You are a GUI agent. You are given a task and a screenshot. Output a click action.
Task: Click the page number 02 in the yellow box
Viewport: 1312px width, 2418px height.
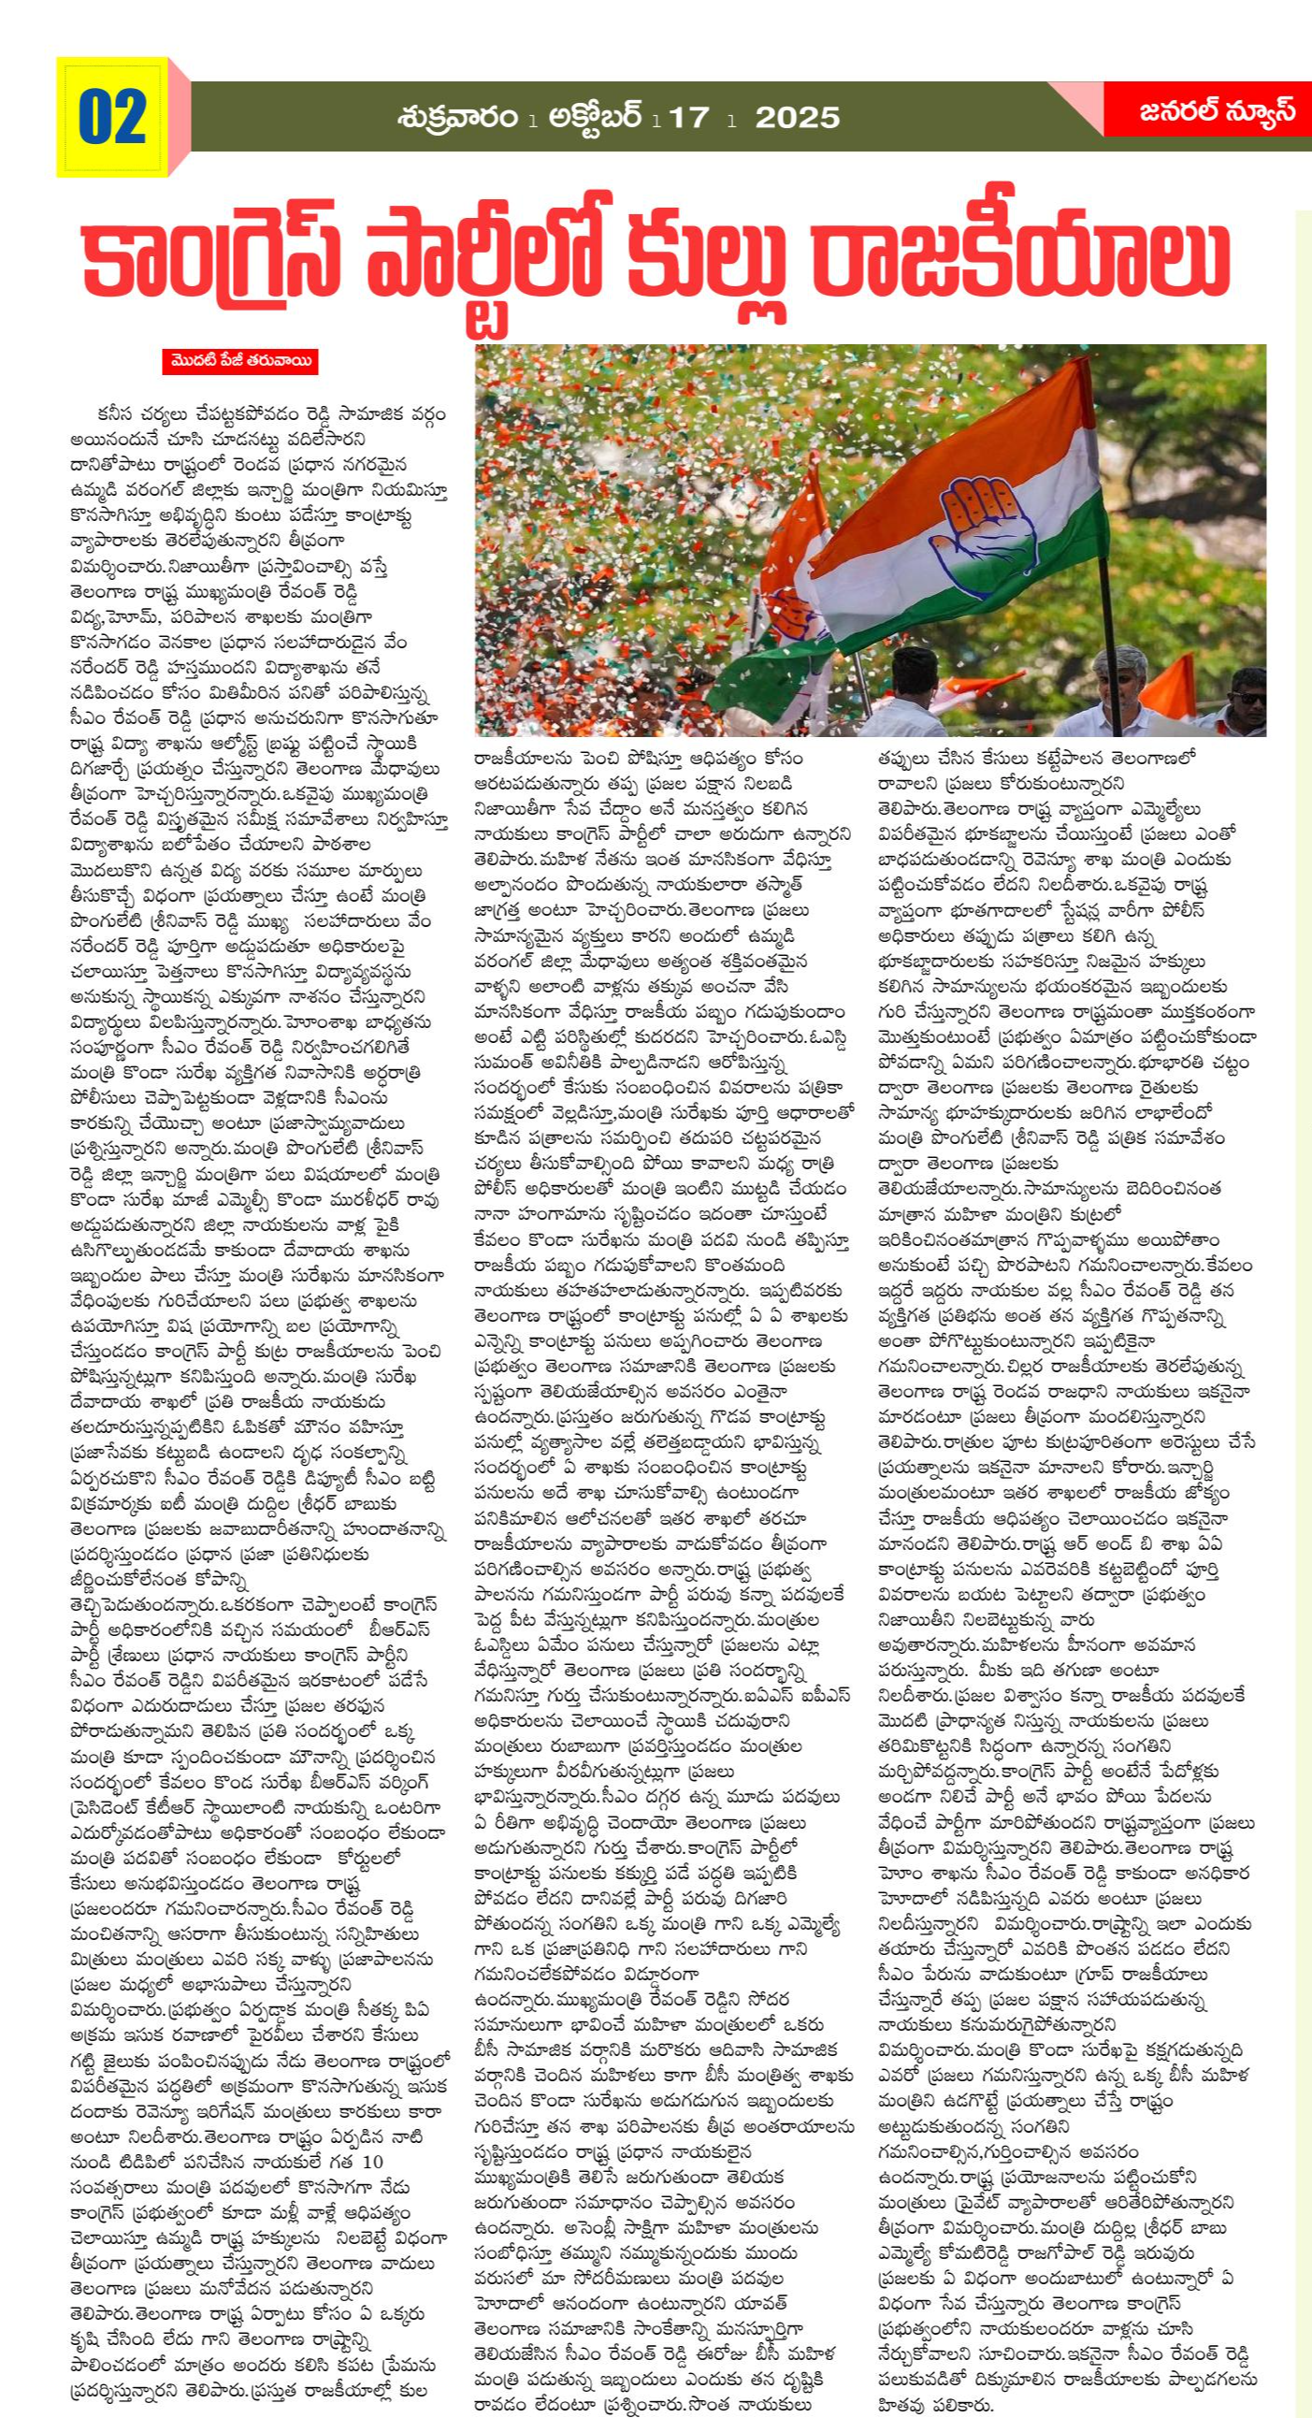[112, 117]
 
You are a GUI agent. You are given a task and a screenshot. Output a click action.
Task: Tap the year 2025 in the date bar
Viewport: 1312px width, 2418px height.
[797, 117]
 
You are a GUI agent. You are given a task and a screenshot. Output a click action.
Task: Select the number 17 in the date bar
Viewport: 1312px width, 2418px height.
[692, 117]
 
